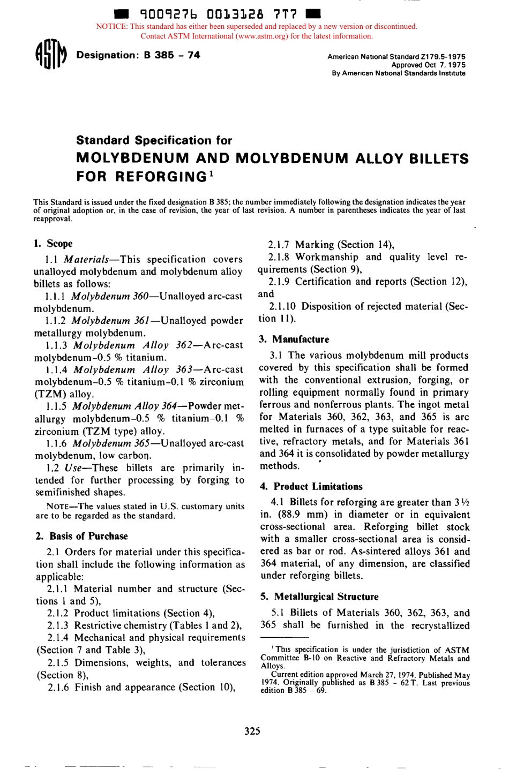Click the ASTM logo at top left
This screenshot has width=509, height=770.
click(50, 55)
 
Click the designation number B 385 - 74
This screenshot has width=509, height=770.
click(171, 55)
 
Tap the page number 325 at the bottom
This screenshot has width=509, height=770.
click(252, 731)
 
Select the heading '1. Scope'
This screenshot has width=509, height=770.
click(53, 244)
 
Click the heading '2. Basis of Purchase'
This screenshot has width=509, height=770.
click(82, 536)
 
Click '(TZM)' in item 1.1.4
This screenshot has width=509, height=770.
click(51, 394)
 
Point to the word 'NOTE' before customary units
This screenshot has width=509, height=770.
click(58, 507)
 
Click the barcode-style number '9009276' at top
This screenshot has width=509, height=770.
click(168, 13)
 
